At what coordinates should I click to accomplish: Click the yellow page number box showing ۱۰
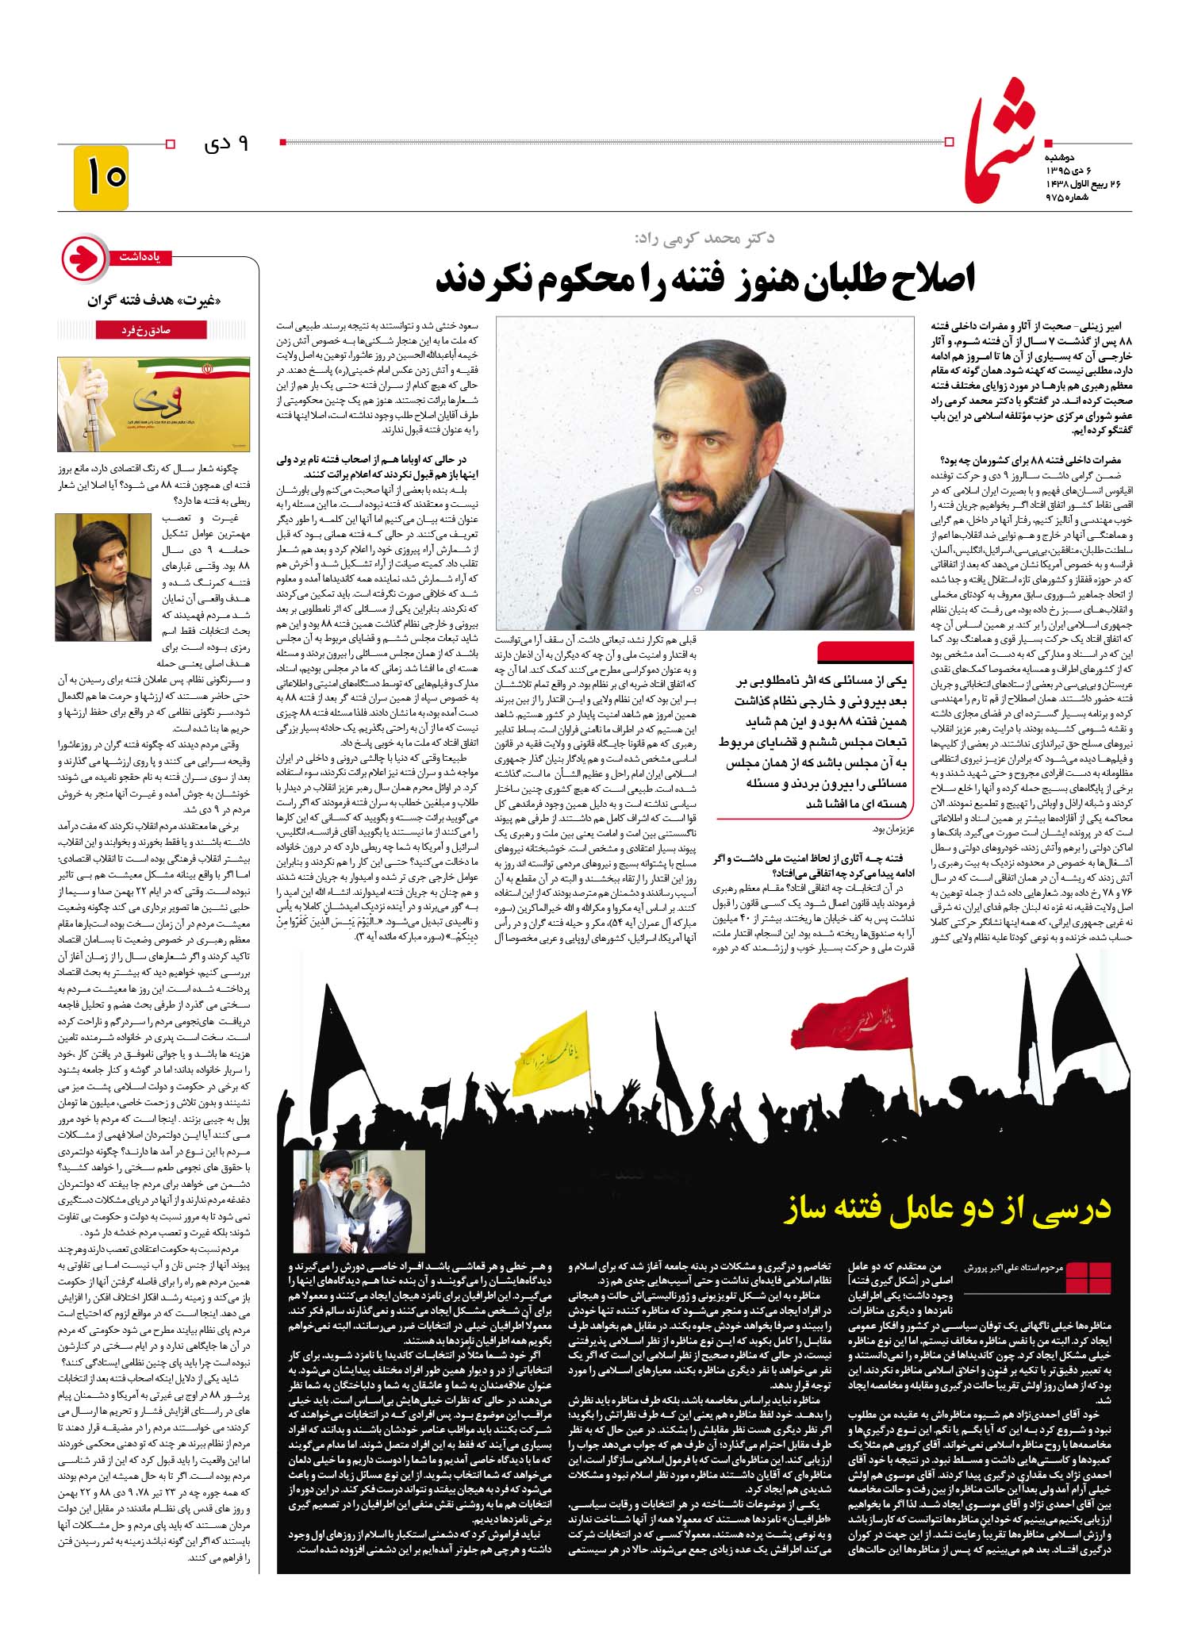(101, 177)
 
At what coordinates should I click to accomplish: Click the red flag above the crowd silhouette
(850, 1018)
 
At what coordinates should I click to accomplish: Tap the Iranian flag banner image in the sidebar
(153, 404)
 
